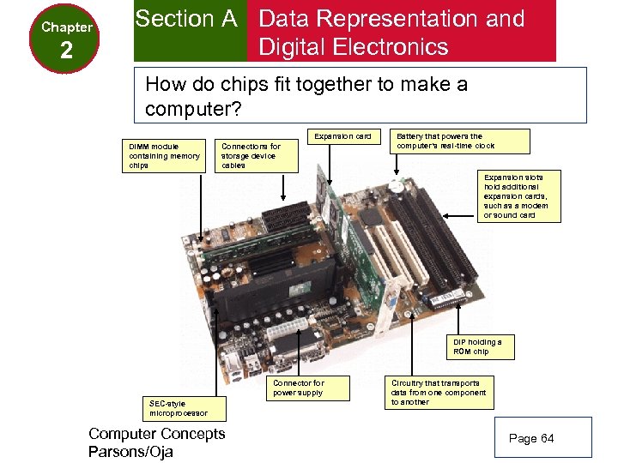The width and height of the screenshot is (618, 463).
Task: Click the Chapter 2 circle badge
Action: (66, 38)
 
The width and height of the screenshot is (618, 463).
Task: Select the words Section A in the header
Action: (186, 19)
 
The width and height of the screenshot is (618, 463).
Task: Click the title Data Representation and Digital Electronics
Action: (391, 32)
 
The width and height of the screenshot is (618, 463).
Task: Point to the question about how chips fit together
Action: (306, 97)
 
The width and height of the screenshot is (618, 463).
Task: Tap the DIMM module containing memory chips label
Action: (165, 155)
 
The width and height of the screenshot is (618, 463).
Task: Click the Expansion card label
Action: (342, 136)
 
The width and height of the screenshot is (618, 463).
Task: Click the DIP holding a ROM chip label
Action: (478, 346)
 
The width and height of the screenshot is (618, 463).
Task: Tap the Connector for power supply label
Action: (298, 388)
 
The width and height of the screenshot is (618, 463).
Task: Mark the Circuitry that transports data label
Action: (438, 392)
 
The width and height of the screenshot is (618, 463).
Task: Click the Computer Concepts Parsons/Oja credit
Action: (156, 442)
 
